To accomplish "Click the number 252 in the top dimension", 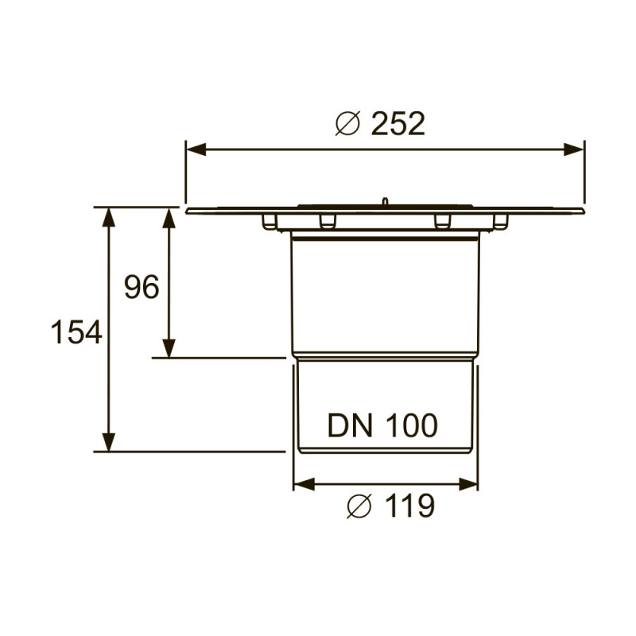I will [x=398, y=124].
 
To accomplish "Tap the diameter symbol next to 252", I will [x=348, y=124].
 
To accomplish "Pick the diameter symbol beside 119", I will [x=359, y=506].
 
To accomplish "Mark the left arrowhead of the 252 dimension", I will [x=196, y=149].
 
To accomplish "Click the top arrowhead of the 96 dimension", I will [x=169, y=217].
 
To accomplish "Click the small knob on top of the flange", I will [x=384, y=203].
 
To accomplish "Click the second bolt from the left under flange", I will [x=327, y=220].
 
